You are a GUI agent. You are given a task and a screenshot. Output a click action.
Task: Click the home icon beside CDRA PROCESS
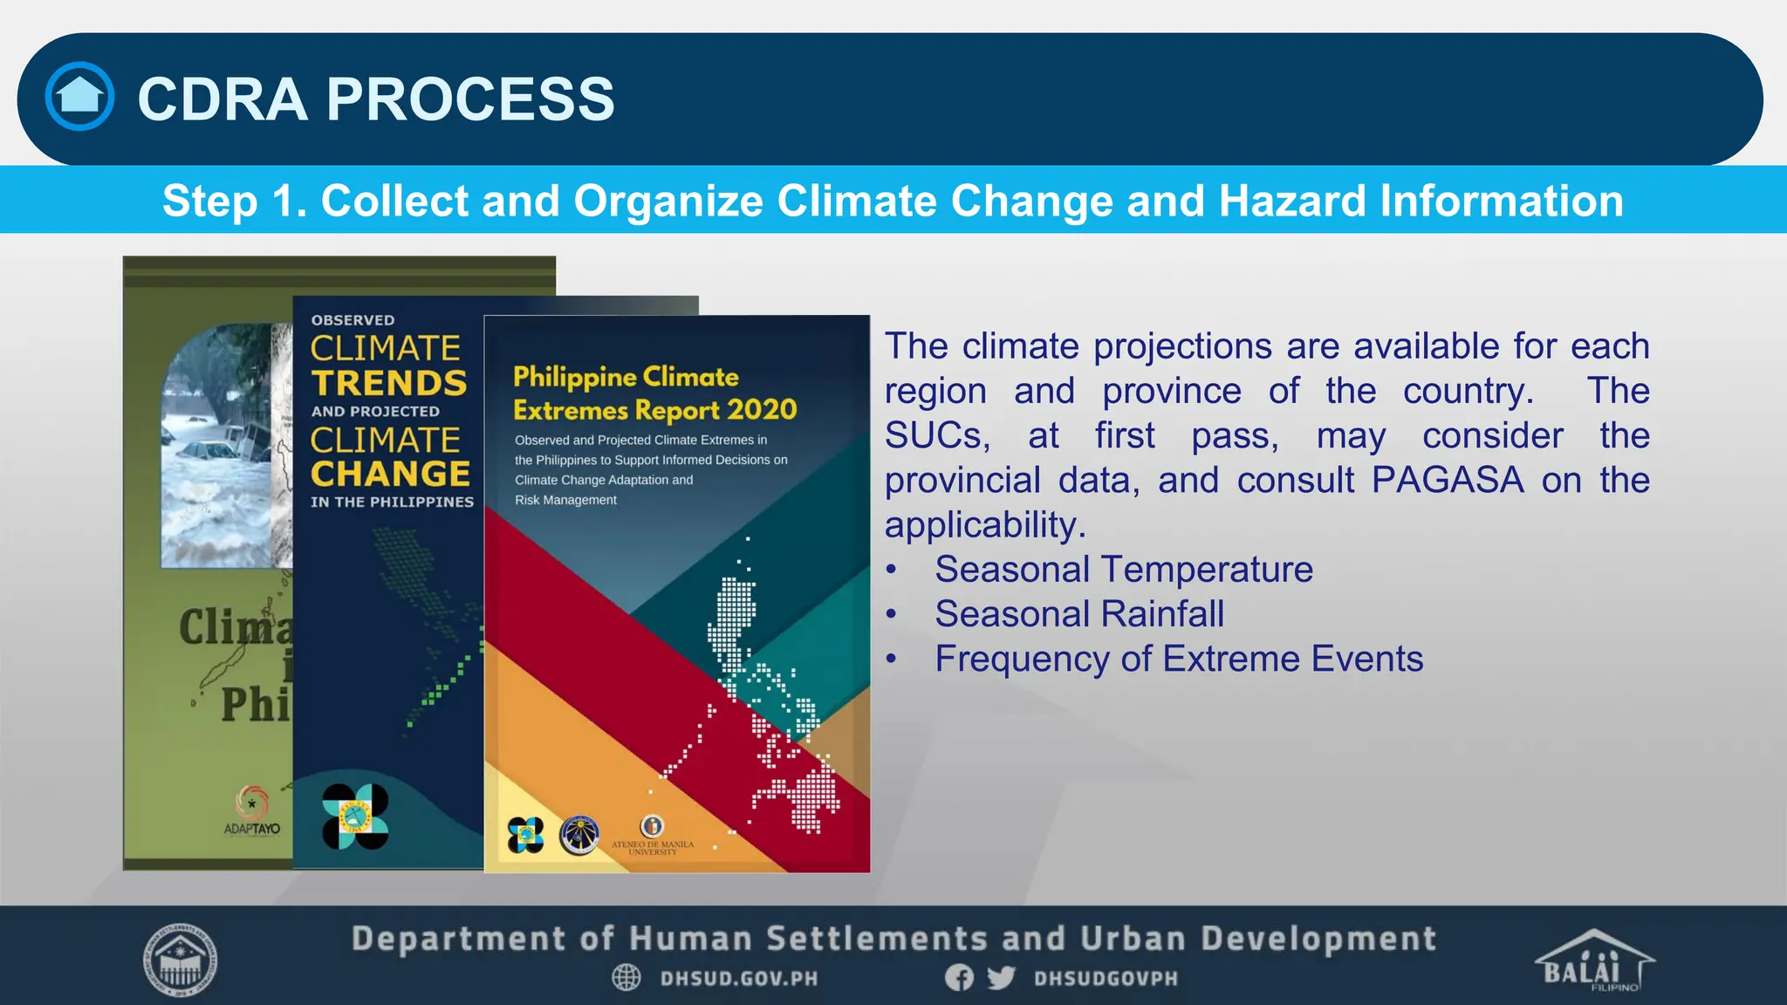coord(79,96)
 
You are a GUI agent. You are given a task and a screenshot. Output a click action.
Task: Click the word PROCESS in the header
coord(470,99)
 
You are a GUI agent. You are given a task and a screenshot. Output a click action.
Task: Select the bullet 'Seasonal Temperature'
coord(1123,570)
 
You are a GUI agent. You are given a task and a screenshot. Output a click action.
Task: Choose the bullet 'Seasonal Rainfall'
coord(1079,614)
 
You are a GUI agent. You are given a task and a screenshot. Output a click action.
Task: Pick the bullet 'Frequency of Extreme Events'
coord(1179,659)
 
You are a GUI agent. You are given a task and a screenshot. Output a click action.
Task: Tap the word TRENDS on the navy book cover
coord(389,383)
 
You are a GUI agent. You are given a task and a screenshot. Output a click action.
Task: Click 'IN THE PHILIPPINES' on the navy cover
coord(392,502)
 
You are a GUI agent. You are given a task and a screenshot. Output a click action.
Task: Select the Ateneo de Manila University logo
coord(653,833)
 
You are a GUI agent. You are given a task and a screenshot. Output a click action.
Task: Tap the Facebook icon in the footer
coord(959,978)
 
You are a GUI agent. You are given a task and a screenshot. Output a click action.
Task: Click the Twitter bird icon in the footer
coord(1001,978)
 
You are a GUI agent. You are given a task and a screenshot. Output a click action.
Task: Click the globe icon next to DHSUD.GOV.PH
coord(626,978)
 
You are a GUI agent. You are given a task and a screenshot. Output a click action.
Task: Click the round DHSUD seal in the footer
coord(180,961)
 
